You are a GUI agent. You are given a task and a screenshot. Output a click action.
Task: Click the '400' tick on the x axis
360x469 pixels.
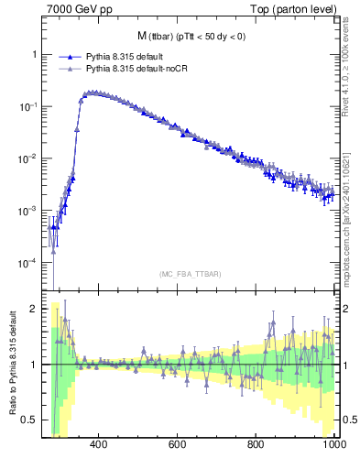coord(99,444)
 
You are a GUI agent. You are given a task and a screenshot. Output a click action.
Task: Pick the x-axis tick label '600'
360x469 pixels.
coord(178,444)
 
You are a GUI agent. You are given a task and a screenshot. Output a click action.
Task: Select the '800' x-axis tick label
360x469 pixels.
coord(256,444)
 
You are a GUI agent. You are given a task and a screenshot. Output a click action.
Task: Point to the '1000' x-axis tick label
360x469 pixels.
coord(334,444)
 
